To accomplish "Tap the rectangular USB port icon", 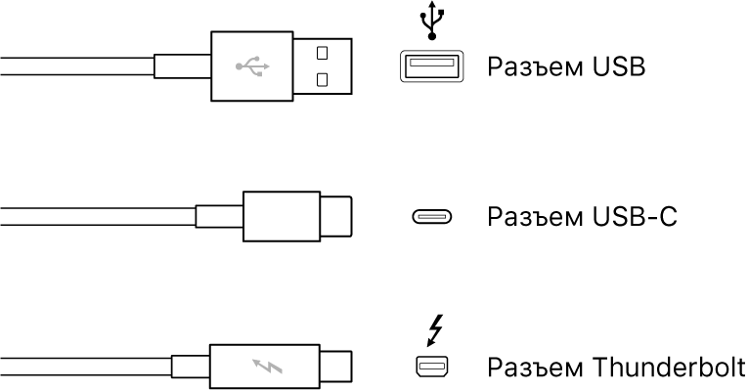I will [x=430, y=66].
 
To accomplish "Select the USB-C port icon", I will [x=430, y=217].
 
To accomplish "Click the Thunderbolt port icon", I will [x=430, y=368].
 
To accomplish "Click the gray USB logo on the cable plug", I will [x=252, y=67].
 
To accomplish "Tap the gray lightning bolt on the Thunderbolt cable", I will [x=264, y=368].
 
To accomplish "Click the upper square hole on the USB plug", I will [x=322, y=52].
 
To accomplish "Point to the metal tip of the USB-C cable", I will [x=334, y=217].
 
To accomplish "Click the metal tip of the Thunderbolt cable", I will [x=334, y=368].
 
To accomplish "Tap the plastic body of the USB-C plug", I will [x=280, y=217].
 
